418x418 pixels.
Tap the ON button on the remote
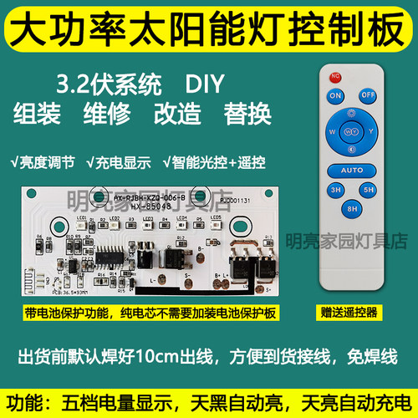click(336, 96)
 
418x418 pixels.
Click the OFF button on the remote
click(367, 95)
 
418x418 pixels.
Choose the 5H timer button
click(366, 190)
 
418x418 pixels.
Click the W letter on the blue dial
click(333, 131)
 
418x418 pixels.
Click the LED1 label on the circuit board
click(82, 218)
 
